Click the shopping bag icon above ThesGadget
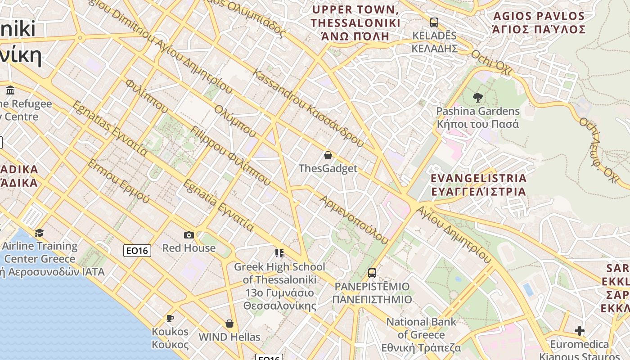328,155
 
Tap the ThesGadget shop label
328,168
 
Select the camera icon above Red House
189,235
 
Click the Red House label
189,248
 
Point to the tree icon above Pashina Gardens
478,97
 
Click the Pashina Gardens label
478,117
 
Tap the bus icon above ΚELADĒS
434,22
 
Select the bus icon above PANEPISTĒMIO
372,273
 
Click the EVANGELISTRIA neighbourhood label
478,184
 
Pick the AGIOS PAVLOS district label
539,23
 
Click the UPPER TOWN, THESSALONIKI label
355,23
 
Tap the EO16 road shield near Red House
137,251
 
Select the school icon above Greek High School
279,253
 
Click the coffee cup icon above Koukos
170,319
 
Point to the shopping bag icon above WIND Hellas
229,324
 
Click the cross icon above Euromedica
580,331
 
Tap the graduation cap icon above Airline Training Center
40,233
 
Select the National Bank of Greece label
421,334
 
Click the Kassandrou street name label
308,108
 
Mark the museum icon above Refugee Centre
10,90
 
